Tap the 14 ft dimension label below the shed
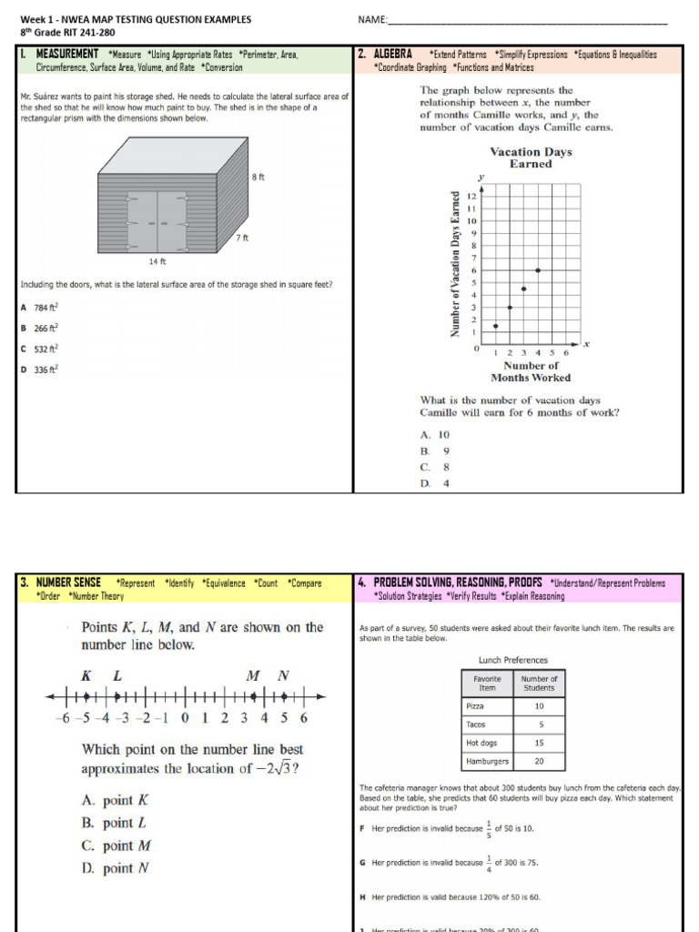point(157,261)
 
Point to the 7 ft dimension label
point(241,238)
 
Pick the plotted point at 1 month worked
point(495,326)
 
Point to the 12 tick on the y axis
point(471,196)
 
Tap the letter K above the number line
point(87,675)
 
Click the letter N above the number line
point(283,675)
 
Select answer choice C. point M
point(116,846)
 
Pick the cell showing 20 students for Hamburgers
point(539,761)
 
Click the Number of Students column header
point(539,683)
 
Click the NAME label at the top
point(372,20)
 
